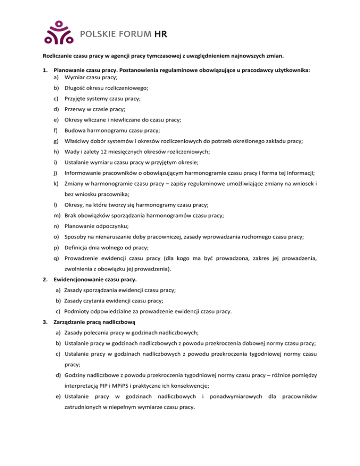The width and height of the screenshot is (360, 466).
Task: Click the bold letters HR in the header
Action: click(x=161, y=34)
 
